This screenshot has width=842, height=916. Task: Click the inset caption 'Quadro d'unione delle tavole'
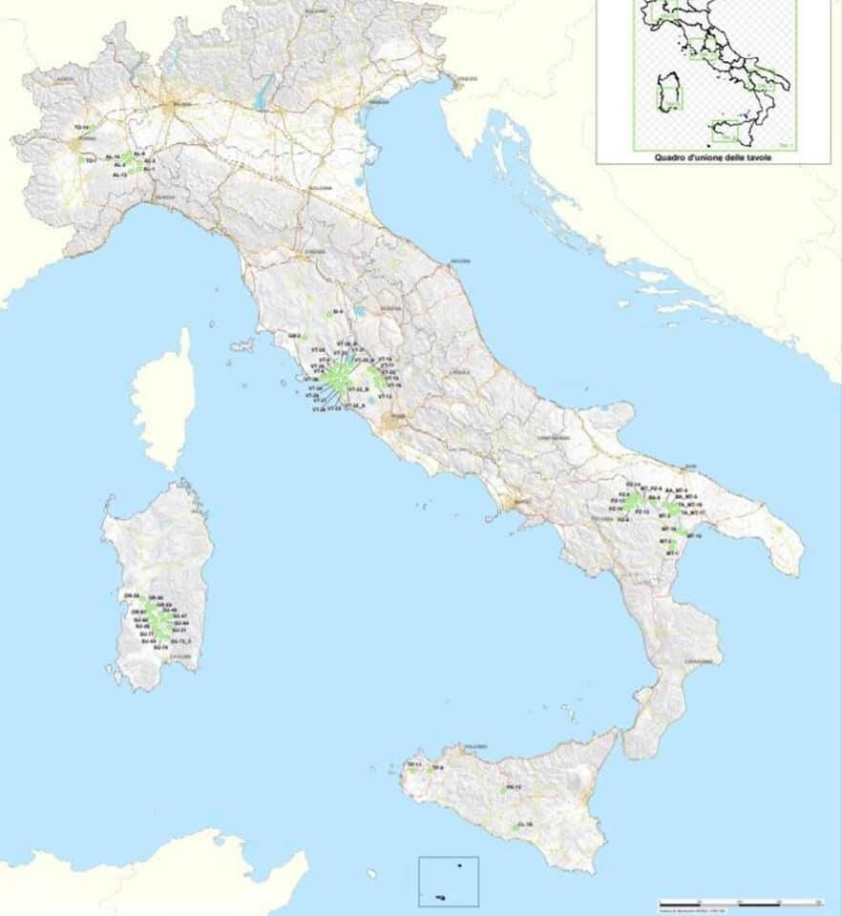713,157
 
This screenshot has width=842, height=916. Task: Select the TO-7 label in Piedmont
90,161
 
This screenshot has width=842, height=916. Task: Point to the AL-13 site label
119,176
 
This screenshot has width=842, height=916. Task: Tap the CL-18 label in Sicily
524,823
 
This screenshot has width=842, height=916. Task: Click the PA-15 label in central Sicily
514,788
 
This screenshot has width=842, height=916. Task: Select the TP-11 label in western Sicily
413,764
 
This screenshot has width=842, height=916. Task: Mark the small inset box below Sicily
448,881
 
